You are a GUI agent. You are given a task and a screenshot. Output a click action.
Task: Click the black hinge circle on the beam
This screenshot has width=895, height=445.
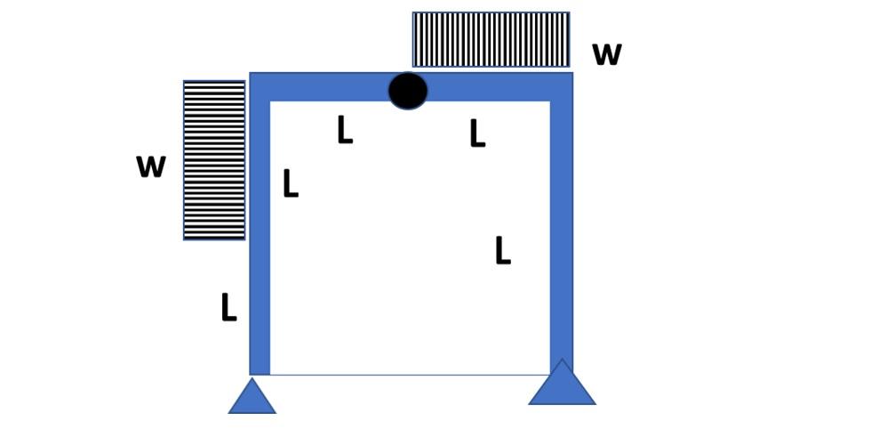pyautogui.click(x=408, y=91)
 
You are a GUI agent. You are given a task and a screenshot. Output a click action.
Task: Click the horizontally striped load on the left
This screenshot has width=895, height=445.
pyautogui.click(x=214, y=160)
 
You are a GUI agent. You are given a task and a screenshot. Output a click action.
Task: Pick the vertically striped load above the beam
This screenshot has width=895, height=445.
pyautogui.click(x=491, y=39)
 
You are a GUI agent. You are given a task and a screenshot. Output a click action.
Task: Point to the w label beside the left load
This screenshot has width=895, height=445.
pyautogui.click(x=151, y=166)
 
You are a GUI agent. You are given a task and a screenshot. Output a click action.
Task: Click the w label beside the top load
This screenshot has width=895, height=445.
pyautogui.click(x=606, y=54)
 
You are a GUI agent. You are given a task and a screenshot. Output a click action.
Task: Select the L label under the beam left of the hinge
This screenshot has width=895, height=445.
pyautogui.click(x=345, y=130)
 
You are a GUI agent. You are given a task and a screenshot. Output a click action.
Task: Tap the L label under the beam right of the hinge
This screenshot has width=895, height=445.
pyautogui.click(x=477, y=133)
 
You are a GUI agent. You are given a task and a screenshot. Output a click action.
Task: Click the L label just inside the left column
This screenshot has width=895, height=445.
pyautogui.click(x=290, y=183)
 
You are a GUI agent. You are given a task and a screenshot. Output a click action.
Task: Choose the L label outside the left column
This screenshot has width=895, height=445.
pyautogui.click(x=228, y=307)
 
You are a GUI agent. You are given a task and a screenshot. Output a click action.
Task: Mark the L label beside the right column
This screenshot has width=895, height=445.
pyautogui.click(x=502, y=251)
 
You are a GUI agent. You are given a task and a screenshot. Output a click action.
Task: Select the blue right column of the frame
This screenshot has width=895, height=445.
pyautogui.click(x=562, y=231)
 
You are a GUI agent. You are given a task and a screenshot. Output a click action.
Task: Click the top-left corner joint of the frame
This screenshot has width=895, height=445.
pyautogui.click(x=260, y=87)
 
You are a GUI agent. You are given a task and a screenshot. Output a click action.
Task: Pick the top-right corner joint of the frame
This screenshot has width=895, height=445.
pyautogui.click(x=562, y=87)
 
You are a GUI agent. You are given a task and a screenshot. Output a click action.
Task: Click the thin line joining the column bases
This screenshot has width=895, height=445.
pyautogui.click(x=409, y=375)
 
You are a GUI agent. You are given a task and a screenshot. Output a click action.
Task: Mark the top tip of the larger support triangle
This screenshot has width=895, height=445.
pyautogui.click(x=562, y=360)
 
